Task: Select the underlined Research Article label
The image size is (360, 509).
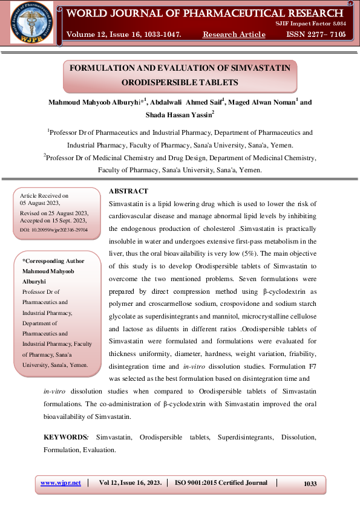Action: (234, 34)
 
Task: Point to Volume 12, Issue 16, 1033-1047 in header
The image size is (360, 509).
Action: (124, 34)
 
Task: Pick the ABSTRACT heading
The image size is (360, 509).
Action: (128, 191)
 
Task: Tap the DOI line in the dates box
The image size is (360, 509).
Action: (54, 230)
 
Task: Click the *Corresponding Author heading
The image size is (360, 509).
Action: (53, 261)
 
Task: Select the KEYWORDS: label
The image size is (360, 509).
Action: (66, 436)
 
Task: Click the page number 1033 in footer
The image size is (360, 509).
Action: (310, 484)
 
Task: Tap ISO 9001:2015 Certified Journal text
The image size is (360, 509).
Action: (221, 483)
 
